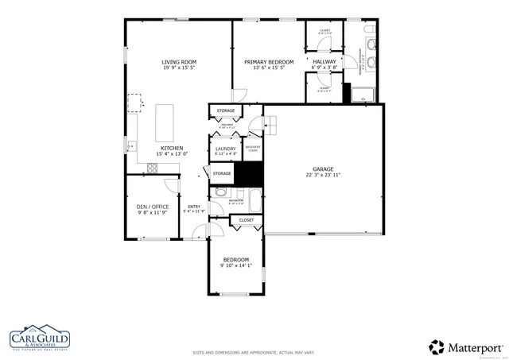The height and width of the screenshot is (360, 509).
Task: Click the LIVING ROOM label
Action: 179,62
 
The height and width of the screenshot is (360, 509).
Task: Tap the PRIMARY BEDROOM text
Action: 269,62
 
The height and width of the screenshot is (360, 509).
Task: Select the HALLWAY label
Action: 324,61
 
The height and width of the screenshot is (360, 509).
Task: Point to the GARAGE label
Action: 322,168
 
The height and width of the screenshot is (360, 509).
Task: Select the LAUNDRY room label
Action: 224,149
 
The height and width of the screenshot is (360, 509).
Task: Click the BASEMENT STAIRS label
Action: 253,148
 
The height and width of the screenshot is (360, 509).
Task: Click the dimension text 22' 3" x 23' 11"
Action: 322,175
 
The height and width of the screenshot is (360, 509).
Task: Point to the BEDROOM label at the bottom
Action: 235,260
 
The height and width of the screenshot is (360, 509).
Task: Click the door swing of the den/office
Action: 169,184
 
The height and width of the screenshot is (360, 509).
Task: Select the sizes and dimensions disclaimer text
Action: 254,352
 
